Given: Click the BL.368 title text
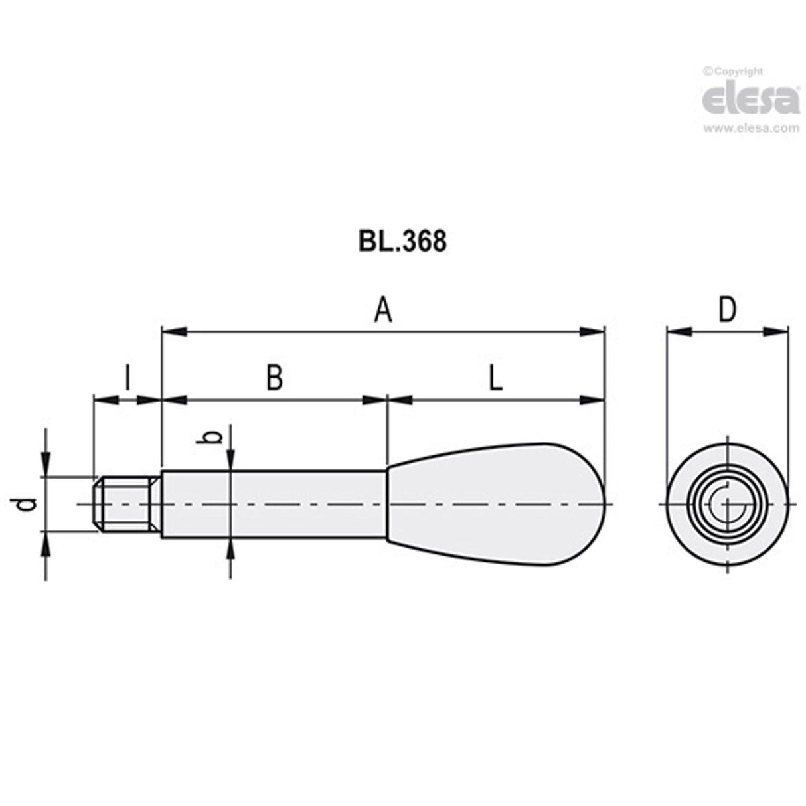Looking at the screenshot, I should tap(402, 242).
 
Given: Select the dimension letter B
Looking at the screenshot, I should tap(274, 378).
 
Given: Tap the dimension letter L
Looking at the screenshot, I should tap(495, 378).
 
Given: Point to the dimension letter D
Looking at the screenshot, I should tap(728, 311).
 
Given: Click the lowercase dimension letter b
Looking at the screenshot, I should tap(212, 437).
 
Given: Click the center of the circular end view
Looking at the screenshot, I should tap(728, 505).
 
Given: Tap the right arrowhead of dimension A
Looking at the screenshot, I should tap(593, 331).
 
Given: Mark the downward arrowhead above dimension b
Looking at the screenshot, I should tap(230, 460).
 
